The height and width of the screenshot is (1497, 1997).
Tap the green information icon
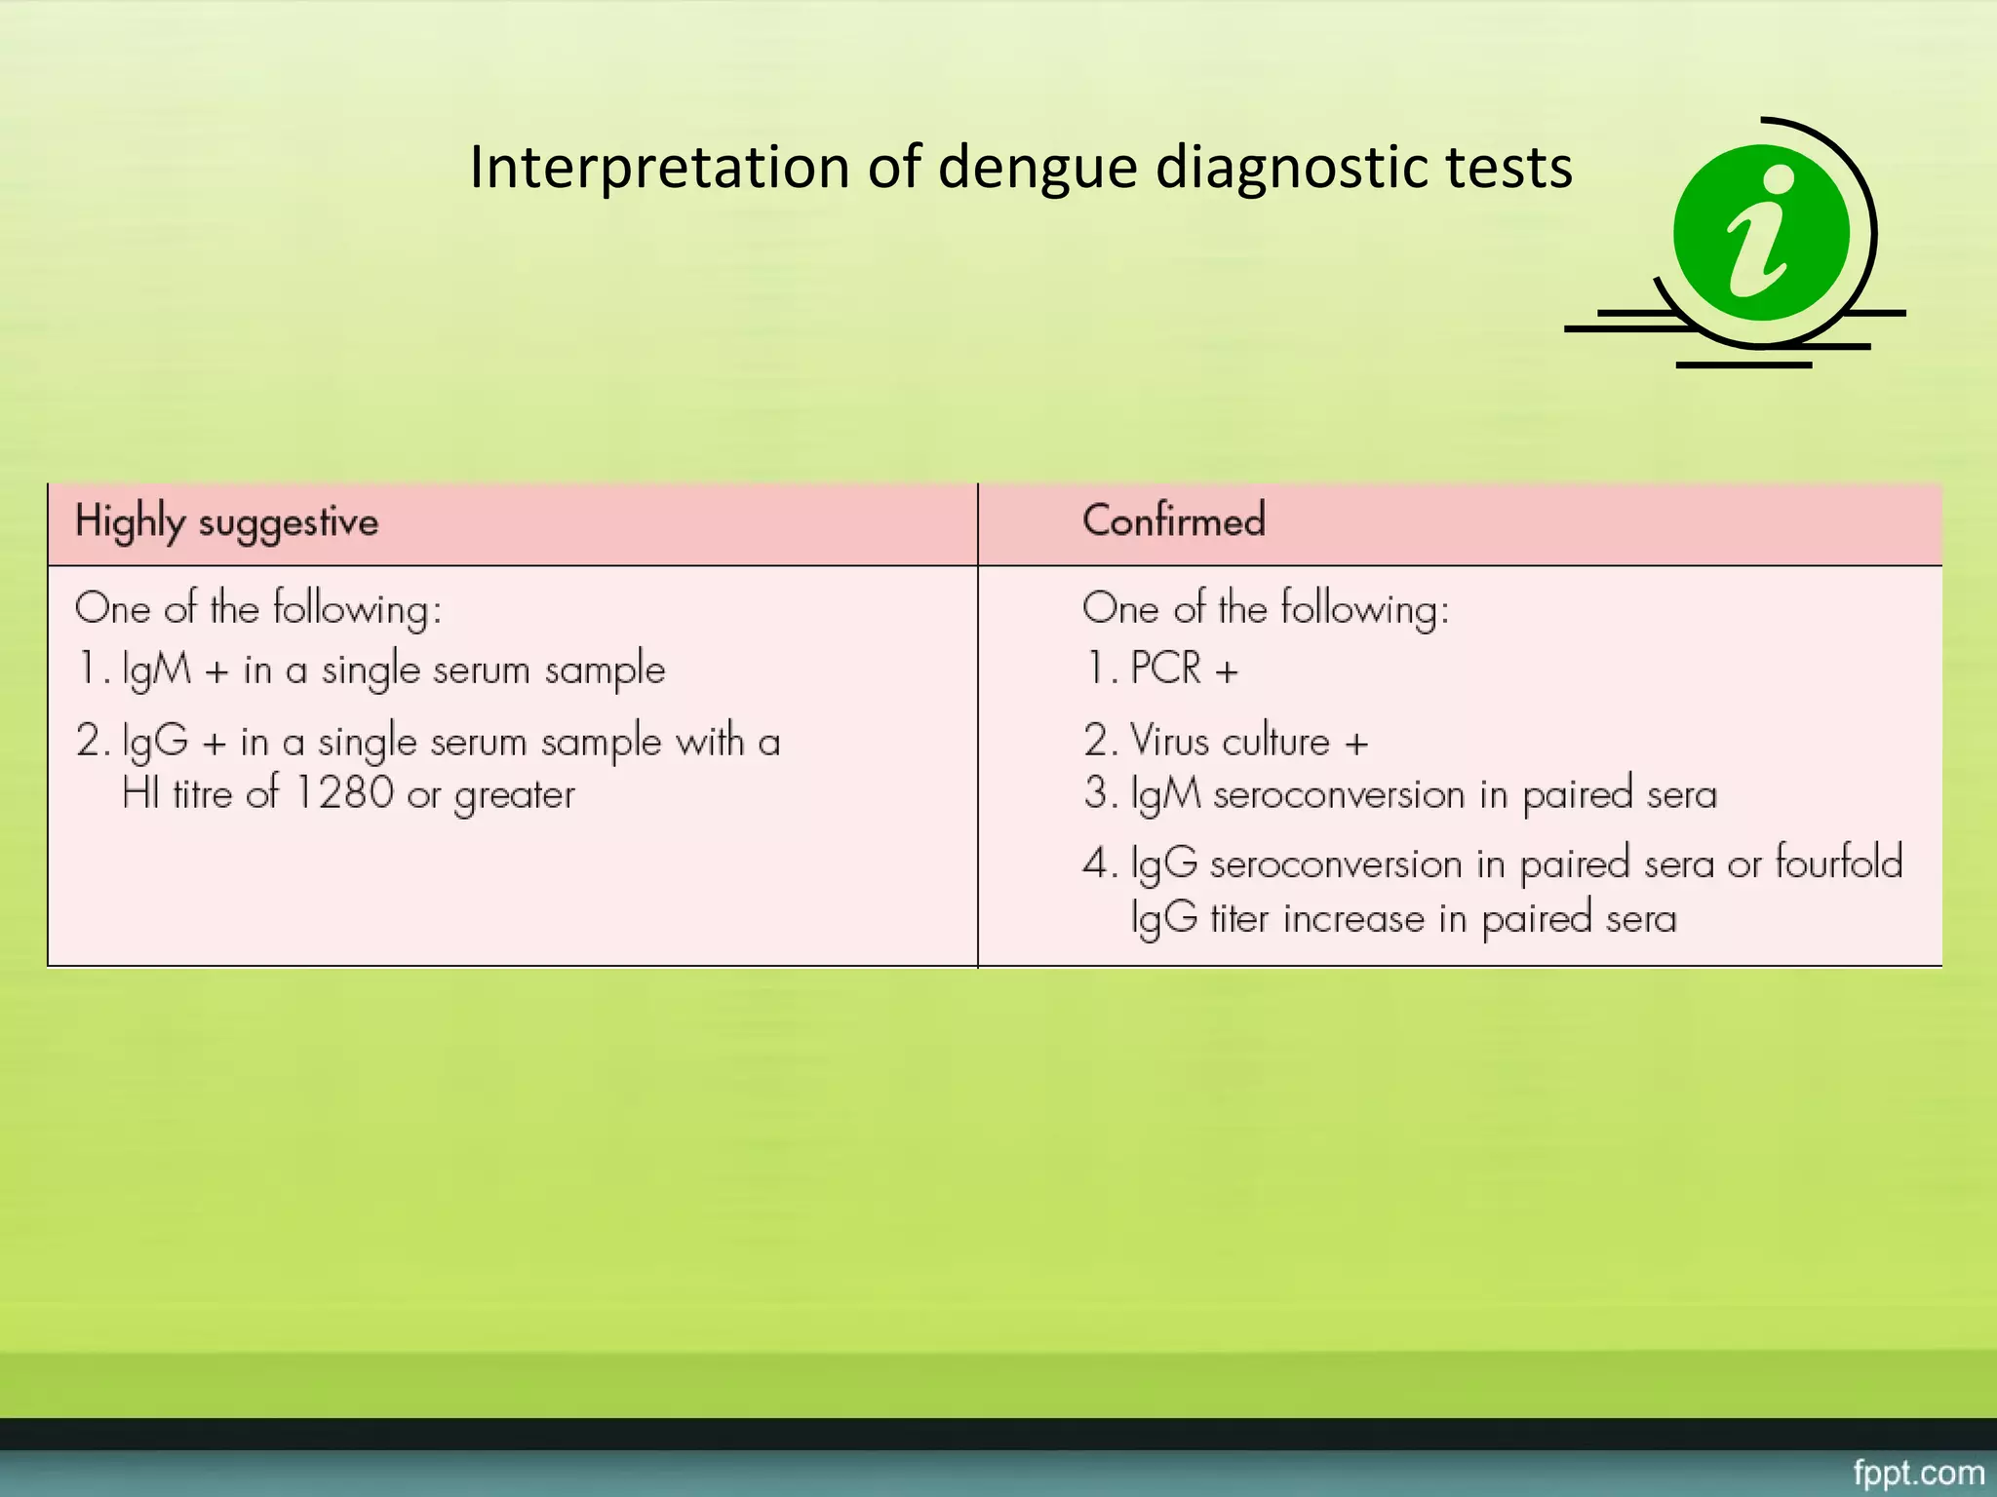(x=1761, y=233)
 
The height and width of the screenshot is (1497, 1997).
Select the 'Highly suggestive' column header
(x=226, y=521)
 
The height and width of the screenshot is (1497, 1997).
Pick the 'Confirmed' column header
(x=1174, y=519)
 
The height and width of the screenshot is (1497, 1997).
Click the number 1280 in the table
(x=343, y=793)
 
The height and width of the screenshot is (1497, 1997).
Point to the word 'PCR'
(x=1165, y=669)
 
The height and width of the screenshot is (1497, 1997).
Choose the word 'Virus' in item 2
(x=1169, y=742)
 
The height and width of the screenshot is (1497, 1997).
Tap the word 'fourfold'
(x=1838, y=863)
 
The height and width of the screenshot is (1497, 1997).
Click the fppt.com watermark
(x=1918, y=1472)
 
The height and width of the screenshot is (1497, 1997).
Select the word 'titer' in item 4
(x=1240, y=918)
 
